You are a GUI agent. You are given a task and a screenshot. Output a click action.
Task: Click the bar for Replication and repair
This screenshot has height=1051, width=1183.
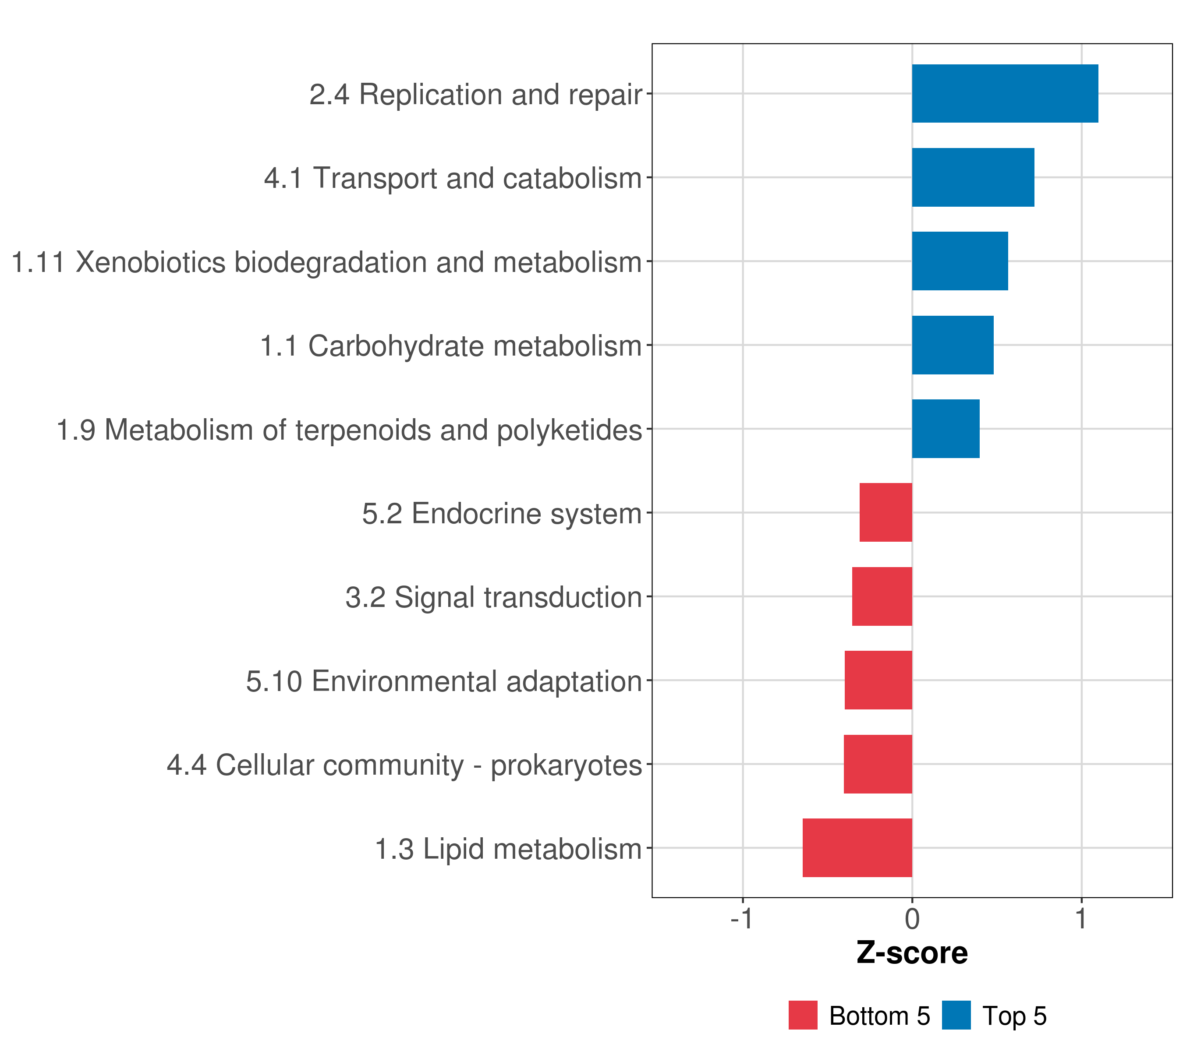click(x=1005, y=94)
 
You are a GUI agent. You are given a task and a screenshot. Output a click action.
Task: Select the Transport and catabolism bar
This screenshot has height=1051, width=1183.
click(x=973, y=178)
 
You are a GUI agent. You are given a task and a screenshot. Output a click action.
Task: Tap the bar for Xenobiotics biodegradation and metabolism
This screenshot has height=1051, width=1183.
click(x=960, y=261)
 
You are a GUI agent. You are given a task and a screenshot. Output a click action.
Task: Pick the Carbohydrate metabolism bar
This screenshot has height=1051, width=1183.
click(x=953, y=346)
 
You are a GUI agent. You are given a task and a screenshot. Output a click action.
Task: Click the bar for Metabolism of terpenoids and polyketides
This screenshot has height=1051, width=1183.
click(x=946, y=429)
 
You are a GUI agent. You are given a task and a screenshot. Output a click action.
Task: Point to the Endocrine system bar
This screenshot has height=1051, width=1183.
click(x=886, y=512)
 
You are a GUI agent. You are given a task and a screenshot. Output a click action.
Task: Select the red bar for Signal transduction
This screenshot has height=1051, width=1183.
click(x=882, y=596)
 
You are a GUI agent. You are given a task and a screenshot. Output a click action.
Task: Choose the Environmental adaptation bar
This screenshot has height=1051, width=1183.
click(x=878, y=680)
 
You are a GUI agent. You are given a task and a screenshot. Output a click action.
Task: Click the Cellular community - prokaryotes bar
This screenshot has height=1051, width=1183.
click(x=878, y=764)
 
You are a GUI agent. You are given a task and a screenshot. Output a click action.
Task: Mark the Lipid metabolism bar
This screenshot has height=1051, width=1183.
click(x=857, y=848)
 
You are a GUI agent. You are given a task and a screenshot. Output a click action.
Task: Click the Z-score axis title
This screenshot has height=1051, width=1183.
click(x=912, y=954)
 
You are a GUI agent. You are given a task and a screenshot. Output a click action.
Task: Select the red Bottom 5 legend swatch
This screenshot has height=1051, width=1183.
click(x=803, y=1015)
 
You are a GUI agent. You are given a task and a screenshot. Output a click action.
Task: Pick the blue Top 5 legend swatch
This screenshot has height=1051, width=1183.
click(x=956, y=1015)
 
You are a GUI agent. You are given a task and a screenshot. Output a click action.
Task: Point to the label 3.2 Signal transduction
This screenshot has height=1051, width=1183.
click(x=494, y=597)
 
